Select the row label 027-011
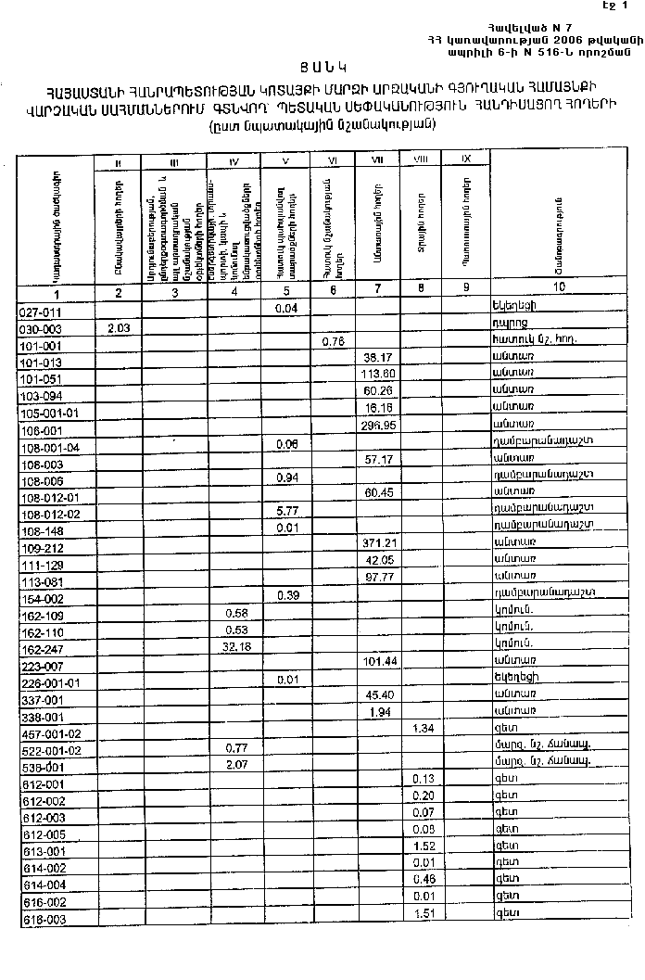(40, 312)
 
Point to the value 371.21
(377, 541)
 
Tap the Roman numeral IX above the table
(467, 159)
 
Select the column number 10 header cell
(560, 288)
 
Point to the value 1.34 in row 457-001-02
(423, 730)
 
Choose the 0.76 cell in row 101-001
(334, 342)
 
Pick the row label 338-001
(41, 718)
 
